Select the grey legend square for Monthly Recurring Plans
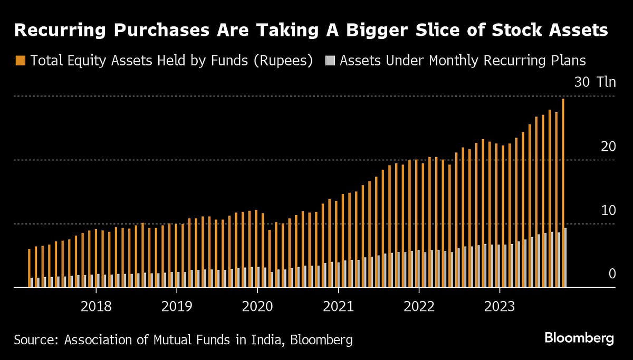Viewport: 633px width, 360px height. (330, 61)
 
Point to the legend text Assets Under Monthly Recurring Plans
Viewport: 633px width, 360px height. (463, 61)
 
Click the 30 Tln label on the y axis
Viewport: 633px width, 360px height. (594, 83)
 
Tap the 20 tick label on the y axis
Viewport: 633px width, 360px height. (608, 147)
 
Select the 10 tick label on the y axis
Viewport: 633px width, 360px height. (608, 210)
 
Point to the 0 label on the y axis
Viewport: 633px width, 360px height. (612, 274)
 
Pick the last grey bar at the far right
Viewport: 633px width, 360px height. (565, 258)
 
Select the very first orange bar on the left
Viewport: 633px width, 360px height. (29, 268)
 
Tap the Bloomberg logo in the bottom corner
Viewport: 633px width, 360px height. (579, 338)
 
